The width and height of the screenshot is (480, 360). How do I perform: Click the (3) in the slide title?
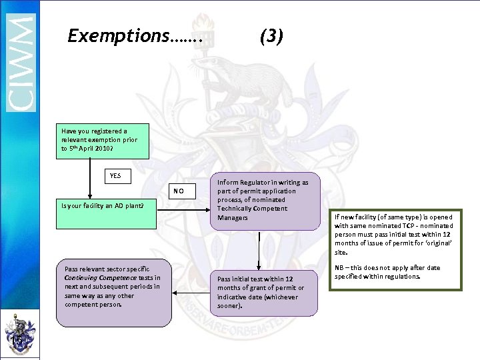click(271, 35)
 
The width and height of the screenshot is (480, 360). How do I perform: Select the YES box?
click(115, 176)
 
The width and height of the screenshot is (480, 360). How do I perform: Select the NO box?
click(178, 191)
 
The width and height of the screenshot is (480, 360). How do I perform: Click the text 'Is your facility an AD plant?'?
click(103, 205)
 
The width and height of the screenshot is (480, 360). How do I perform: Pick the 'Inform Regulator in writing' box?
click(264, 201)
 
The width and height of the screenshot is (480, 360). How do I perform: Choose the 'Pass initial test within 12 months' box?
click(264, 292)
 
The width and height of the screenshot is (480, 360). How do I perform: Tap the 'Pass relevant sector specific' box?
click(113, 287)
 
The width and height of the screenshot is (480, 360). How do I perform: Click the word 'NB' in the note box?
click(339, 268)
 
